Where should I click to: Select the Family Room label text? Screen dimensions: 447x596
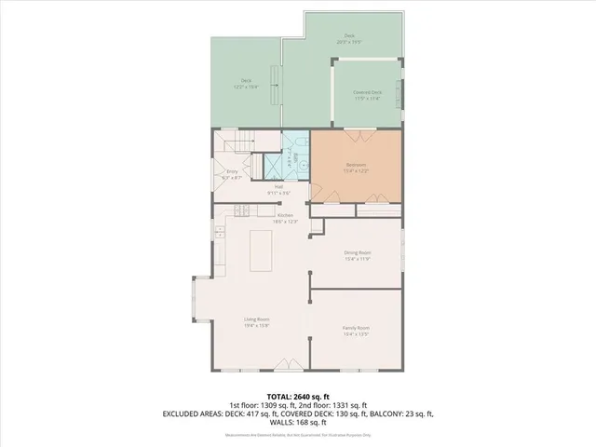pyautogui.click(x=357, y=328)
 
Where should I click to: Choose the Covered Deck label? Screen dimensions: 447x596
pyautogui.click(x=368, y=92)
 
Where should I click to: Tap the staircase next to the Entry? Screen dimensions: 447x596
pyautogui.click(x=235, y=143)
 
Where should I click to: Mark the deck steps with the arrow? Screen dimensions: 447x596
pyautogui.click(x=275, y=88)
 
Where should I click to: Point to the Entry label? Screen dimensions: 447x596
pyautogui.click(x=233, y=172)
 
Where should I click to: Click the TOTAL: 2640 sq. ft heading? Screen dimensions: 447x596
pyautogui.click(x=298, y=397)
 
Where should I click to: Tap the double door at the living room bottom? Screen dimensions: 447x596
pyautogui.click(x=292, y=364)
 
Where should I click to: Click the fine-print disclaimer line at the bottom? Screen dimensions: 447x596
pyautogui.click(x=298, y=434)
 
